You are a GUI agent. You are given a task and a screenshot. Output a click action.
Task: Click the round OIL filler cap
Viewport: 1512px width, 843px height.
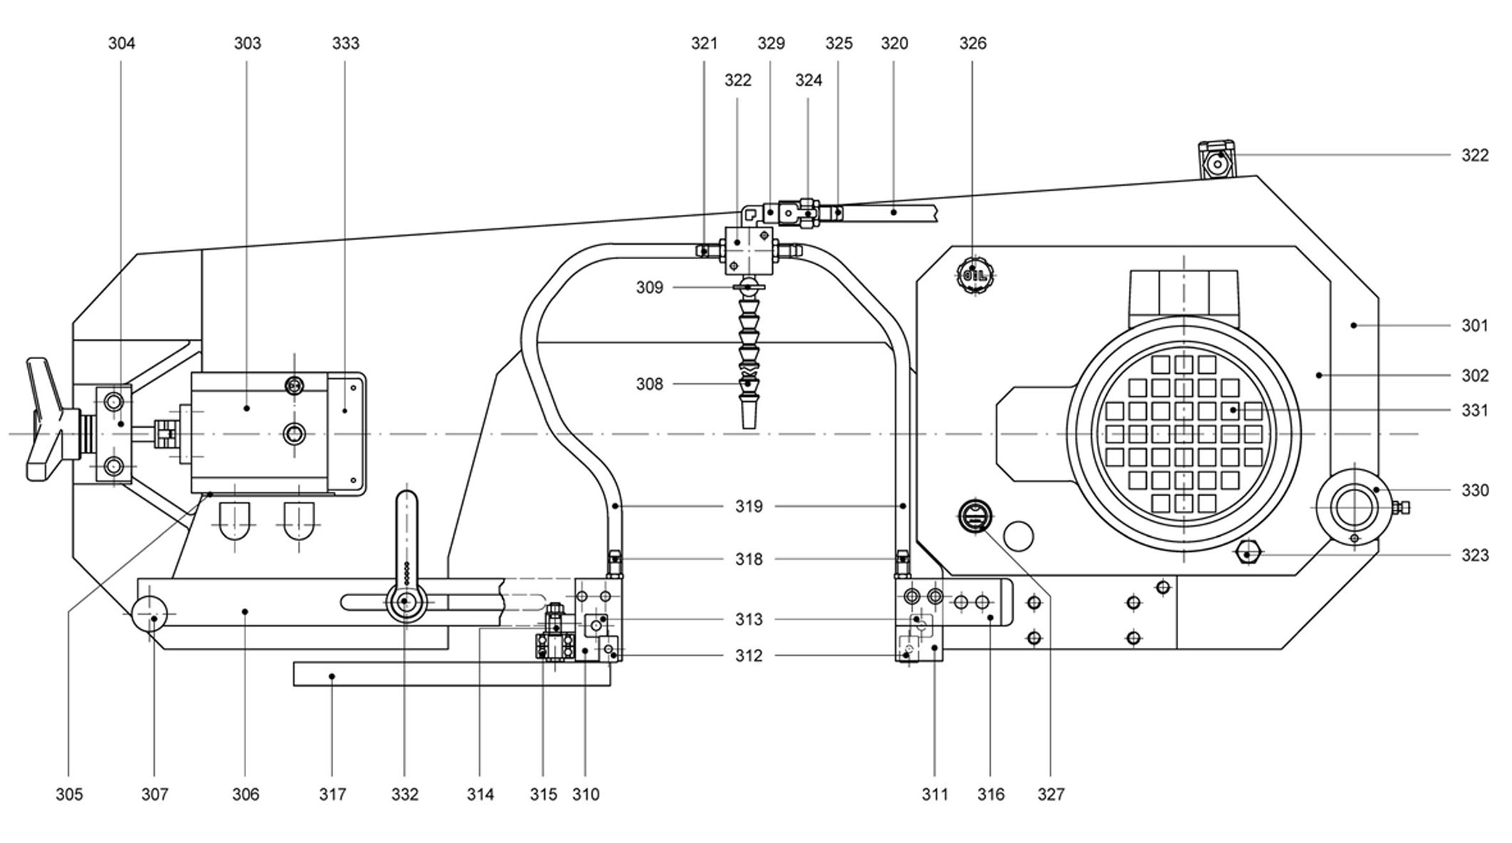click(x=974, y=274)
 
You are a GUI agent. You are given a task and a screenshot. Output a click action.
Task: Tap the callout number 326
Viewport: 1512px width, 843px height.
click(x=973, y=44)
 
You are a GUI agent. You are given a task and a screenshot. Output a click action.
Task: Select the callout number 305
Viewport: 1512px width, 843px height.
click(x=69, y=794)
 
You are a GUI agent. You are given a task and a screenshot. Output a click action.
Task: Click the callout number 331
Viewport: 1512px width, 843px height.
click(x=1475, y=410)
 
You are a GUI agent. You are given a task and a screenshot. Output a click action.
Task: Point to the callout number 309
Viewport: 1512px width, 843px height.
click(x=649, y=288)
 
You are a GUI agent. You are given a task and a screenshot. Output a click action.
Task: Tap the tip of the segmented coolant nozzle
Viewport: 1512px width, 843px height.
click(x=748, y=421)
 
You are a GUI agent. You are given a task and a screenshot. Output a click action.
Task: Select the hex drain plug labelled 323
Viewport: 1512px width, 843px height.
click(x=1247, y=553)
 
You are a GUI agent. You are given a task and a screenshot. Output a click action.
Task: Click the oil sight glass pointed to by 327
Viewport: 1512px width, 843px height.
click(x=974, y=515)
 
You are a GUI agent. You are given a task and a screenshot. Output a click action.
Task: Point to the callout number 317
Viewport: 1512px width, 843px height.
click(x=332, y=794)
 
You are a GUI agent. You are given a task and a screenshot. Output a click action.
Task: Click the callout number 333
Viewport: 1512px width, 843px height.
click(x=346, y=44)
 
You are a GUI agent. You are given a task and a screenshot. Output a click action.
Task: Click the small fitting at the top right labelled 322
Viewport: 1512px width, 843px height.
click(x=1217, y=161)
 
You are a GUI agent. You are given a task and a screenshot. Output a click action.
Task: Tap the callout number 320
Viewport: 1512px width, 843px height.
click(x=894, y=44)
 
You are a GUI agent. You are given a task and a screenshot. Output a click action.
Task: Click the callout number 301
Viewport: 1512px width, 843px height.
click(x=1475, y=325)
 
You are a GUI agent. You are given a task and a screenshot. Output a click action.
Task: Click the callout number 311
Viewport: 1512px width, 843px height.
click(x=935, y=794)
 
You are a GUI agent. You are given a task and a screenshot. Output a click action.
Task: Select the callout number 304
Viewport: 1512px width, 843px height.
click(x=121, y=44)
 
